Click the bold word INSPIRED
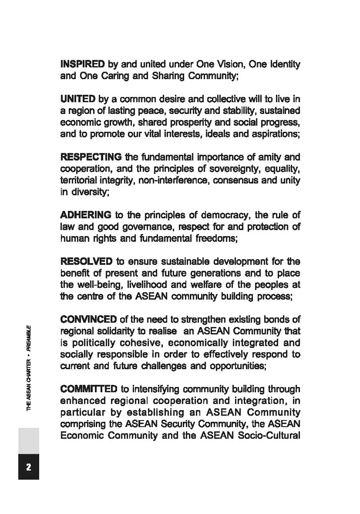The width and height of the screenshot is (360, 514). [83, 64]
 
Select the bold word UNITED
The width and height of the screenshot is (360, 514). [78, 98]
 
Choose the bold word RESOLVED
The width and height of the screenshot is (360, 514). [86, 262]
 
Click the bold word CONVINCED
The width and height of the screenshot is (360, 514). [89, 320]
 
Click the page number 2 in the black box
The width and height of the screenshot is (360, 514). [28, 467]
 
